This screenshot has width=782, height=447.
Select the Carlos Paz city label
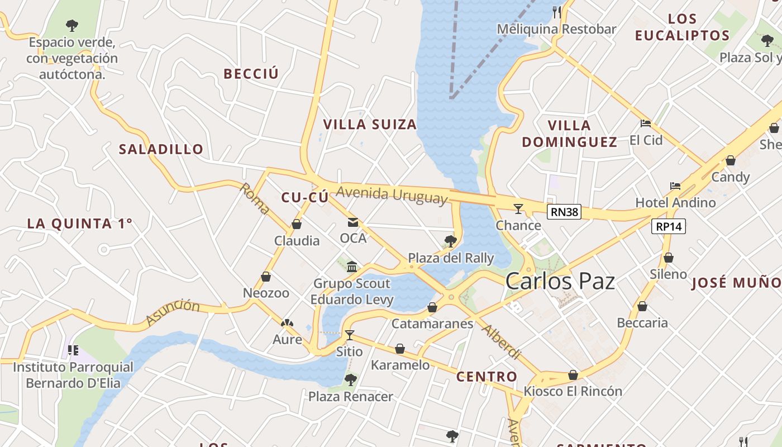point(560,282)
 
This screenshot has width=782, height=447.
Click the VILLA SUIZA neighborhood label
point(370,125)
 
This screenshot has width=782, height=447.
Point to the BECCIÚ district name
point(251,74)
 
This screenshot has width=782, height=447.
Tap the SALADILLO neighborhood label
point(161,149)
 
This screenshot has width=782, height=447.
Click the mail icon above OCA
point(353,222)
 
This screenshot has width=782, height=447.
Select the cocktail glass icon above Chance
point(518,209)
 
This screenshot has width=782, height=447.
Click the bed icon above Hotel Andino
point(675,186)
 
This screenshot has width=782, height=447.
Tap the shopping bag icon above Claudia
point(297,225)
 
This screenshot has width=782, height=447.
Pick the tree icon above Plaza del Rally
point(450,241)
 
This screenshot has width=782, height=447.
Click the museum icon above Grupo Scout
point(352,267)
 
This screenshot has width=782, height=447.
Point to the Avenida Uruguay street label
point(392,194)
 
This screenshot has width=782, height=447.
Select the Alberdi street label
point(501,341)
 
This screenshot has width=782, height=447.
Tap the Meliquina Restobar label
point(556,29)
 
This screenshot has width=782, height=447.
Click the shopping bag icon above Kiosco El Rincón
point(573,375)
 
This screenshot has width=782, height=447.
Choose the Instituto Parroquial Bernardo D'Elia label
point(73,375)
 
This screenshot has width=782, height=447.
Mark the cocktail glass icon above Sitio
point(350,335)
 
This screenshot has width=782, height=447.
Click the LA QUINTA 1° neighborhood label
point(80,223)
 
